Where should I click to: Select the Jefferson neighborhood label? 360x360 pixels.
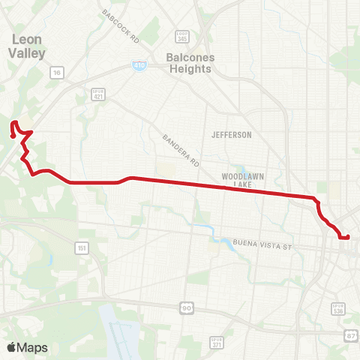click(x=232, y=135)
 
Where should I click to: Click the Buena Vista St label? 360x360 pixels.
click(x=261, y=244)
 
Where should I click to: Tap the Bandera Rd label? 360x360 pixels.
click(x=180, y=150)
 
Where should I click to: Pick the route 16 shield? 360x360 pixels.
click(x=56, y=73)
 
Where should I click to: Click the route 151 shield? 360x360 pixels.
click(x=81, y=247)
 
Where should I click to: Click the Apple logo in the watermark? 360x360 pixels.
click(x=11, y=347)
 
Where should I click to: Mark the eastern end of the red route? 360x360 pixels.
click(x=348, y=237)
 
